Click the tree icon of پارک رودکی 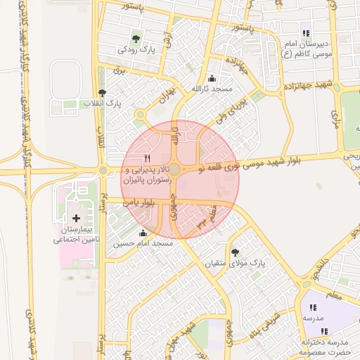click(135, 37)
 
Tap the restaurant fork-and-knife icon click(147, 158)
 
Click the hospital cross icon click(77, 219)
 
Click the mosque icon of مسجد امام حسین click(143, 233)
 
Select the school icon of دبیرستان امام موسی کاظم click(305, 32)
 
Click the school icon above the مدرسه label click(312, 307)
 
